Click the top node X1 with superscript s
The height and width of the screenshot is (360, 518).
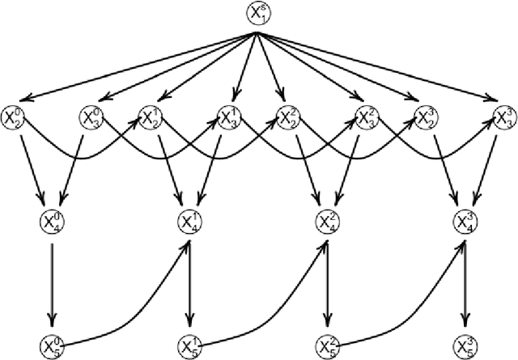click(258, 13)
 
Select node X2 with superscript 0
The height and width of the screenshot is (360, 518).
click(14, 118)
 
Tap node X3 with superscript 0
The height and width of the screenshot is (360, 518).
click(91, 118)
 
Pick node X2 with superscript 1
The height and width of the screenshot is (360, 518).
click(151, 118)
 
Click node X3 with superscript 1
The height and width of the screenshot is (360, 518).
click(229, 118)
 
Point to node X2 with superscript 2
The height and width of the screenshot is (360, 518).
click(289, 118)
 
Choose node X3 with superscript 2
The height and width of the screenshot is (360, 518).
click(367, 118)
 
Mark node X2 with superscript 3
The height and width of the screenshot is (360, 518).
click(427, 118)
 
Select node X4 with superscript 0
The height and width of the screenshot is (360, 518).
click(52, 221)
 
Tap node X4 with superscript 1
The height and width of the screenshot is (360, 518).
click(189, 221)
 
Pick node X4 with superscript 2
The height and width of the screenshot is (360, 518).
click(327, 221)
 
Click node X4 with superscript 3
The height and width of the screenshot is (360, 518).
click(465, 221)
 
